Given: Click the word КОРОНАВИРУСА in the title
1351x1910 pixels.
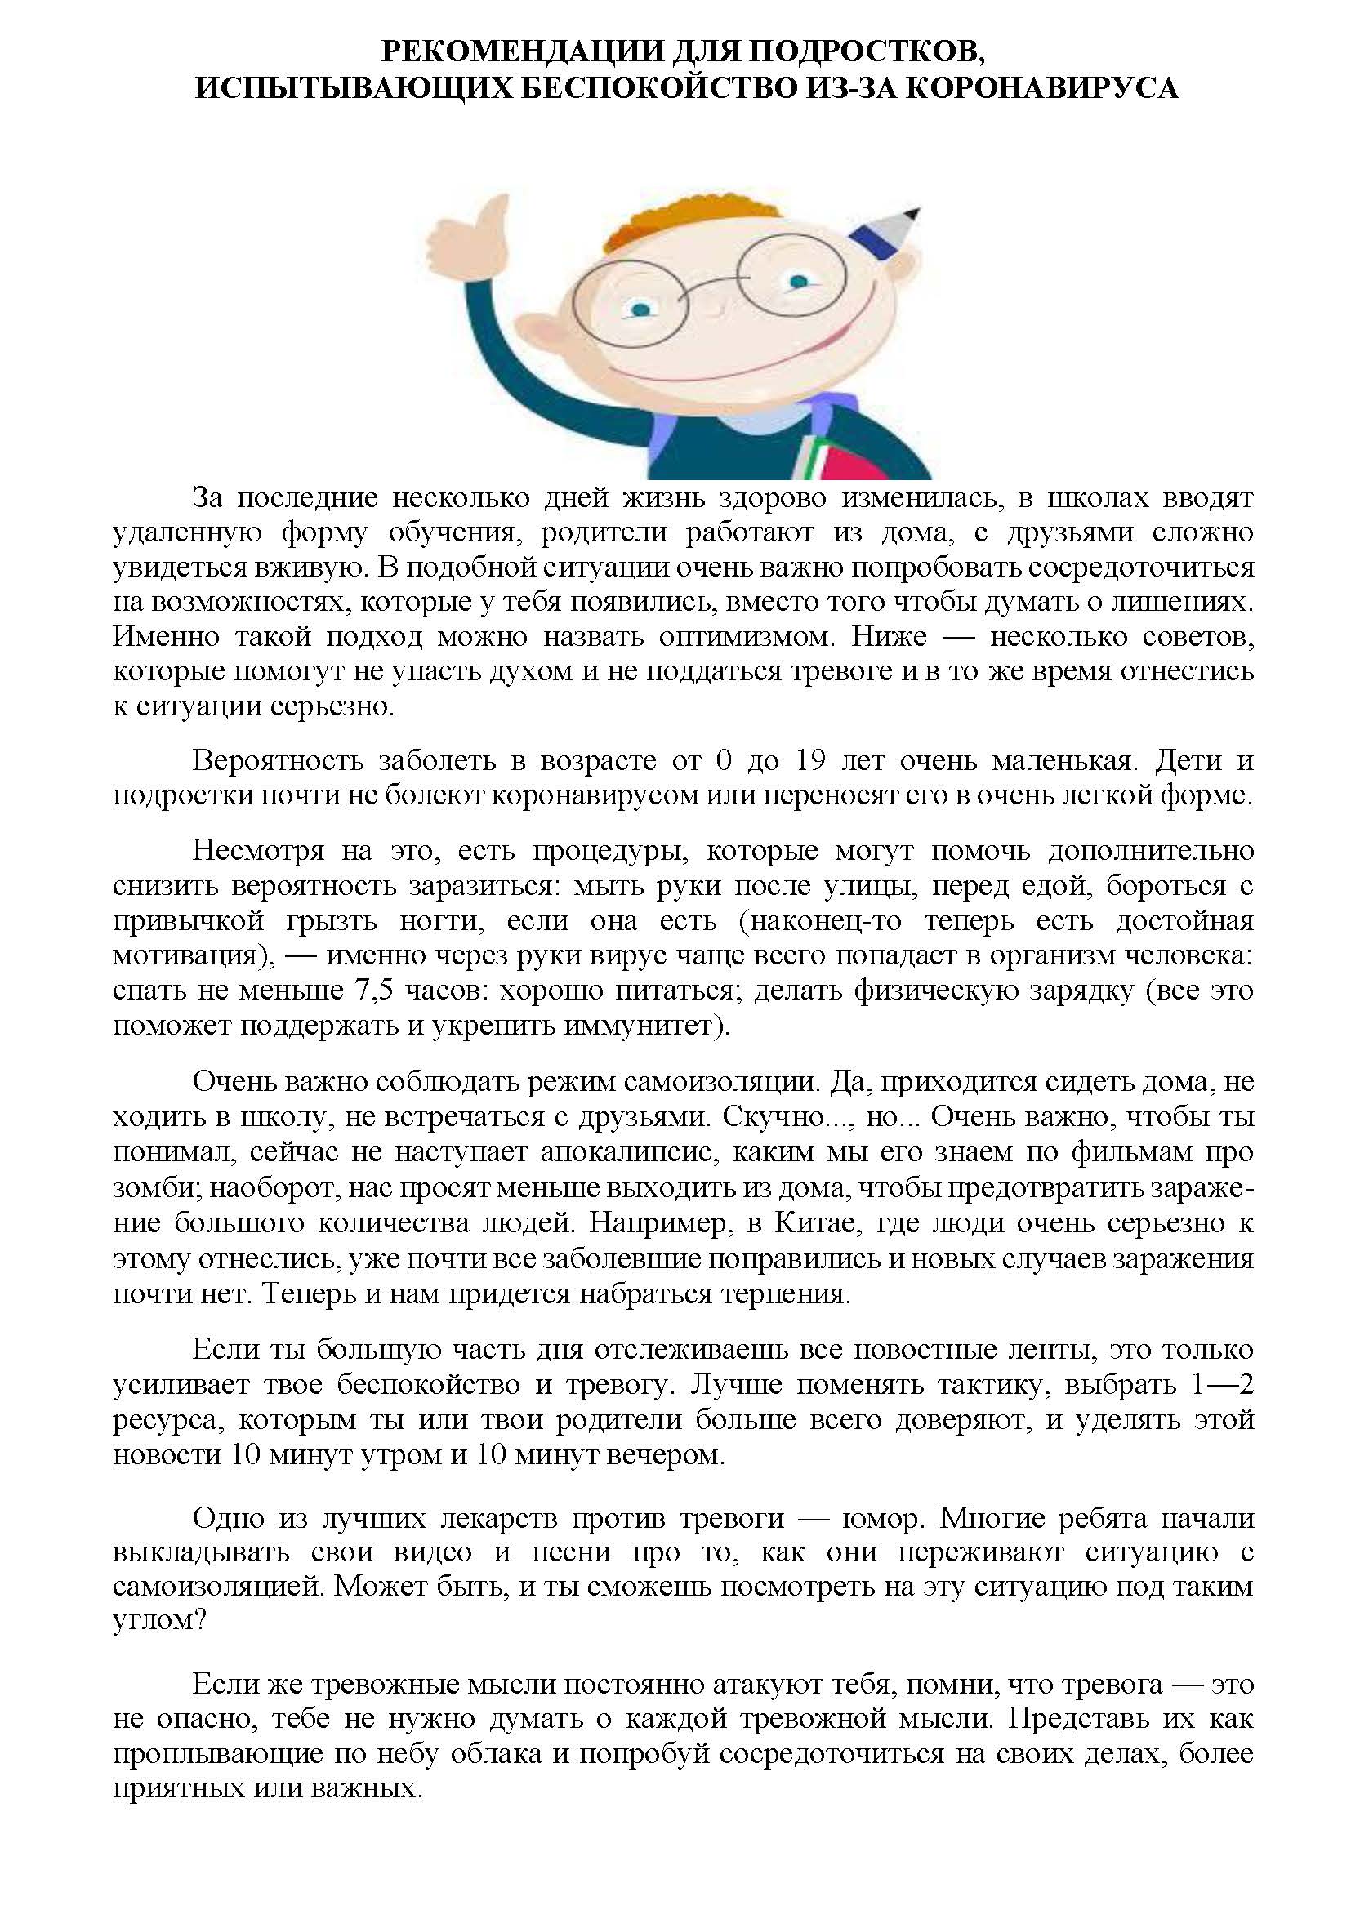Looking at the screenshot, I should pos(1041,88).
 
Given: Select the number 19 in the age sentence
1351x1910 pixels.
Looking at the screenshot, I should pos(810,760).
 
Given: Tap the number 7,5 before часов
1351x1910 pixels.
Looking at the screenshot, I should pos(376,991).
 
